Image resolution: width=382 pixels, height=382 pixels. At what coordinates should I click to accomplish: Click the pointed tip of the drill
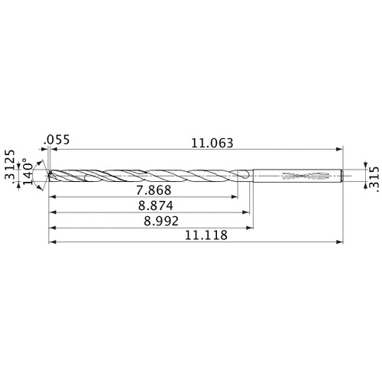pyautogui.click(x=49, y=176)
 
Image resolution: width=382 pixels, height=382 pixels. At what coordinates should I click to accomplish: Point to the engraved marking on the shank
pyautogui.click(x=301, y=176)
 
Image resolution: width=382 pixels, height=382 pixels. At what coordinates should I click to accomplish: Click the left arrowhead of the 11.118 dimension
pyautogui.click(x=52, y=243)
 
